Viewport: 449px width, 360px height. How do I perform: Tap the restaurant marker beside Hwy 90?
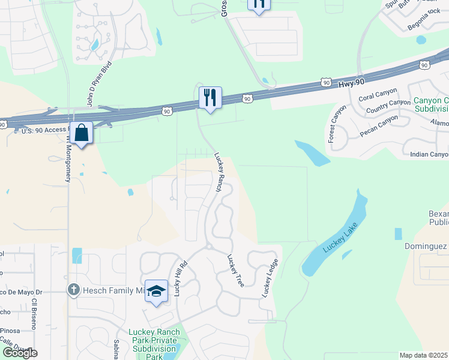click(x=210, y=97)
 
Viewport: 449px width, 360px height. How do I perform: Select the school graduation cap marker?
click(x=156, y=292)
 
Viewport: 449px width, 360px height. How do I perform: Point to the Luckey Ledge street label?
click(x=270, y=278)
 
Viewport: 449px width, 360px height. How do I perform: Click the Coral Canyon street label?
click(x=378, y=97)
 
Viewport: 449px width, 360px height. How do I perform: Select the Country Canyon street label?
click(x=388, y=106)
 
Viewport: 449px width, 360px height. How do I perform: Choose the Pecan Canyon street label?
click(x=379, y=126)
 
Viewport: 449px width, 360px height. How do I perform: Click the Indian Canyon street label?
click(x=429, y=154)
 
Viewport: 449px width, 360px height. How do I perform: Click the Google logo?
click(x=19, y=353)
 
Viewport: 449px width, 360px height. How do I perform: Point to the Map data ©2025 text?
click(x=423, y=355)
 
